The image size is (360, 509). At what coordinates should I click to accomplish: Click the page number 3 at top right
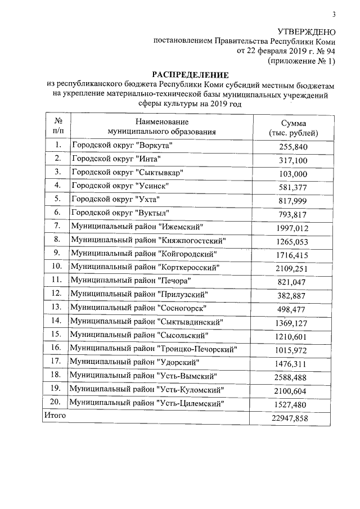pyautogui.click(x=334, y=15)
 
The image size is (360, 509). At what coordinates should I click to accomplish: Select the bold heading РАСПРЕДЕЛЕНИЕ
pyautogui.click(x=191, y=74)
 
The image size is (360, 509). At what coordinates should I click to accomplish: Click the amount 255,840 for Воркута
pyautogui.click(x=294, y=147)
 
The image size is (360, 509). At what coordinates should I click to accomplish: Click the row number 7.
pyautogui.click(x=56, y=226)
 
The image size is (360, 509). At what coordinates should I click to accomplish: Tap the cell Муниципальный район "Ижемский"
pyautogui.click(x=137, y=226)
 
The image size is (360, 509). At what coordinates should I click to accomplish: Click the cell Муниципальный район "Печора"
pyautogui.click(x=130, y=280)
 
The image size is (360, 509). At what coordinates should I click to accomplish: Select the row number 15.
pyautogui.click(x=56, y=334)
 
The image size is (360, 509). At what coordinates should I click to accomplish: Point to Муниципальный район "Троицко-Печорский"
pyautogui.click(x=152, y=349)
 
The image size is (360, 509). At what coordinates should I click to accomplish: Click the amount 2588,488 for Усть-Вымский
pyautogui.click(x=292, y=376)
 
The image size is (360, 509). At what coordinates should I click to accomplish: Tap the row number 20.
pyautogui.click(x=56, y=403)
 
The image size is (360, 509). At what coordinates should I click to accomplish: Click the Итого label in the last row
pyautogui.click(x=55, y=415)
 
